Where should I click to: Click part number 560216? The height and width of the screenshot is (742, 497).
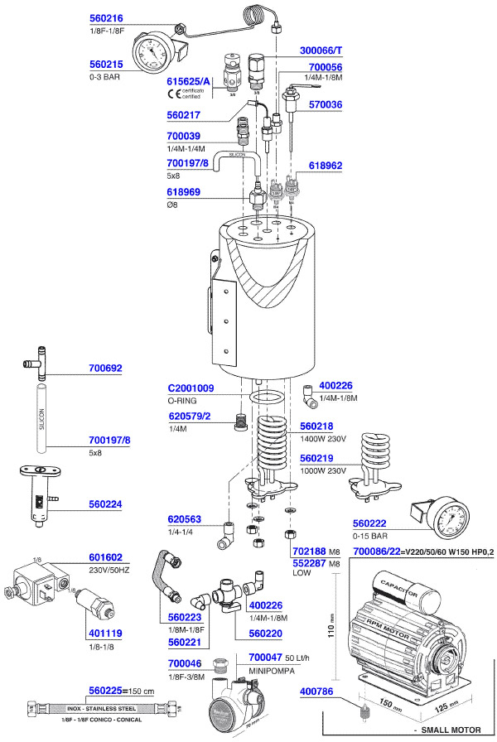(x=105, y=17)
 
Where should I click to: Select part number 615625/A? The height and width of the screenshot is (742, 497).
(x=190, y=82)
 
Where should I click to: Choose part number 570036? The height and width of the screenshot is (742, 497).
(x=326, y=105)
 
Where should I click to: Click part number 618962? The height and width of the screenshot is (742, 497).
(x=326, y=166)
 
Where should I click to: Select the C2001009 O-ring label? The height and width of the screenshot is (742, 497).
(x=191, y=388)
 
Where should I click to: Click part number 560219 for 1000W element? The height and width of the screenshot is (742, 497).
(x=317, y=457)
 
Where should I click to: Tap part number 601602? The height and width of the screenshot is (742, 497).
(x=105, y=557)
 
